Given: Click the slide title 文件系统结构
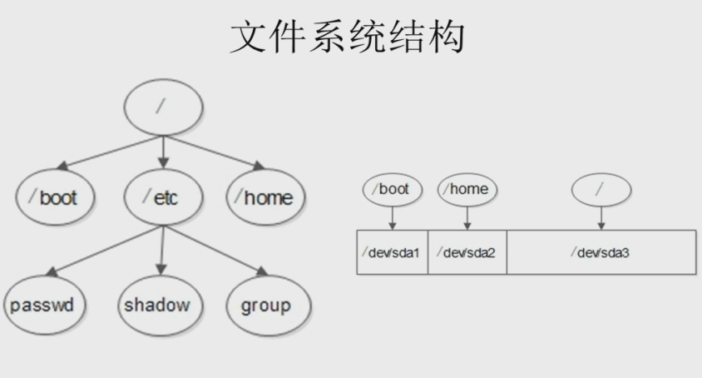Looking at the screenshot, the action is pos(348,37).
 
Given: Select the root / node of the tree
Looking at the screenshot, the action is pos(163,107).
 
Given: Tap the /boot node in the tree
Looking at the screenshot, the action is pos(55,196).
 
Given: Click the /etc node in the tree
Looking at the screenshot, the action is pos(163,196).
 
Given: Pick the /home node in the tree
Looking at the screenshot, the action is pos(265,196).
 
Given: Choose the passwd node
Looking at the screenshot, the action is pos(44,305).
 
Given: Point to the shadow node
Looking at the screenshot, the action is pos(161,305).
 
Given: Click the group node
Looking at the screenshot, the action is pos(268,305).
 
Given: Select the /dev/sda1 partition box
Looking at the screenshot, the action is pos(393,252).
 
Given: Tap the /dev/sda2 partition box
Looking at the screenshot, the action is pos(467,252).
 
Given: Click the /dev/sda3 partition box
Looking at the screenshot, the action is pos(601,252).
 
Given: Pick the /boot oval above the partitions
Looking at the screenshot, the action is pos(393,189).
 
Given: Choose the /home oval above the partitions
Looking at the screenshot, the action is pos(467,189).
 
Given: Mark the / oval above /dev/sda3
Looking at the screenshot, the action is pos(601,190).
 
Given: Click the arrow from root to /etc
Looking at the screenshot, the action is pos(163,152).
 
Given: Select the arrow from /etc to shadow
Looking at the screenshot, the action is pos(162,251).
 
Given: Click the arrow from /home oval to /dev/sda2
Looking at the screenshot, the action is pos(467,218).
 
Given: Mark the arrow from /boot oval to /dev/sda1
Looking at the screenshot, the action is pos(393,218).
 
